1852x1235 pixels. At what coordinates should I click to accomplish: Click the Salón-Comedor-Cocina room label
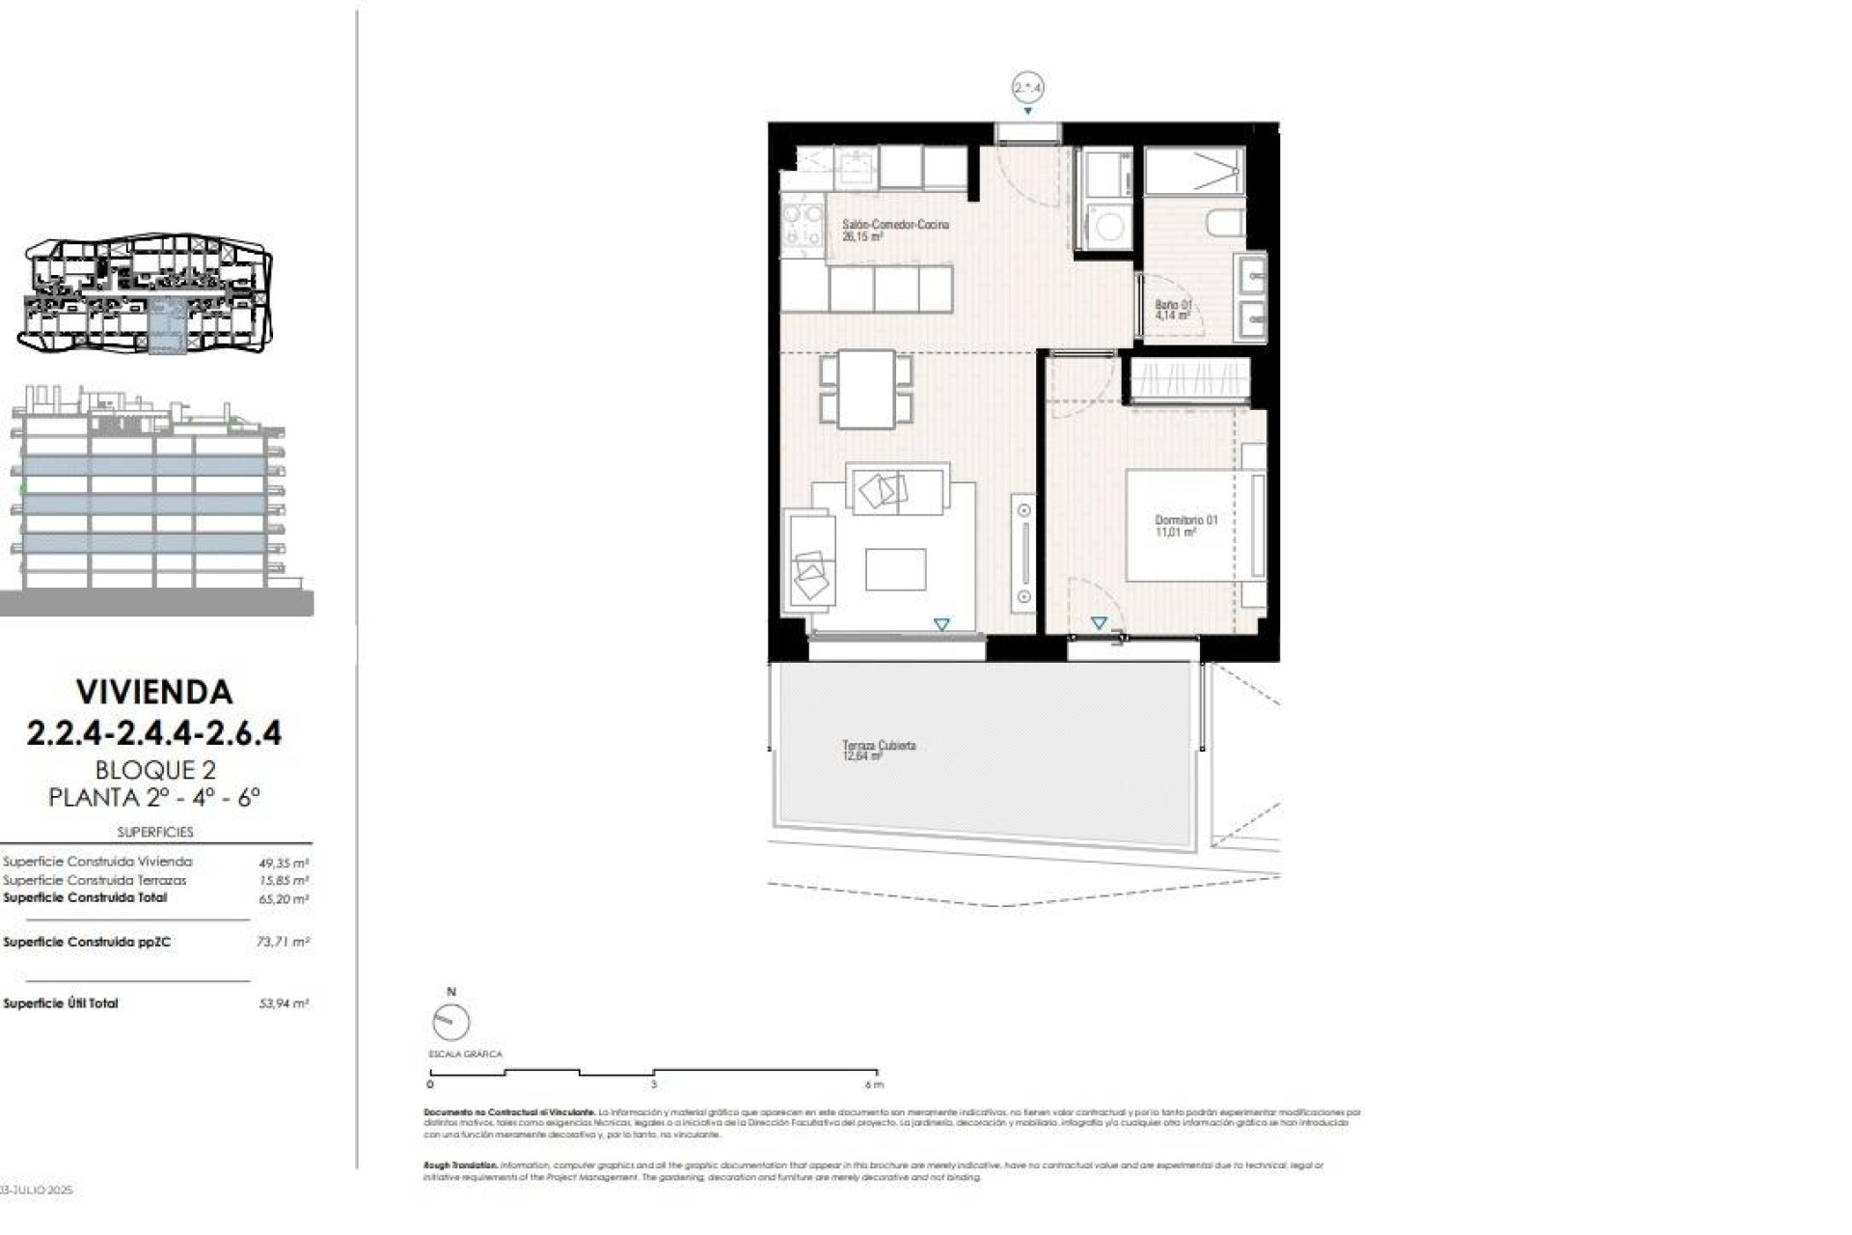point(895,230)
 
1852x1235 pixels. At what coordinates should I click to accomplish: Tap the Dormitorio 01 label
point(1185,525)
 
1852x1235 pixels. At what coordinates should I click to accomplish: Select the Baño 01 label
point(1173,309)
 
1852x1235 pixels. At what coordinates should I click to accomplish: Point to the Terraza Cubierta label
point(879,750)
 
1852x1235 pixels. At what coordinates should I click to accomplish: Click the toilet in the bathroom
point(1222,224)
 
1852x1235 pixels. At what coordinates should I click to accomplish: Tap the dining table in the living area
point(866,389)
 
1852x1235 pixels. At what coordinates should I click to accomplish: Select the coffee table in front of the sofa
point(895,569)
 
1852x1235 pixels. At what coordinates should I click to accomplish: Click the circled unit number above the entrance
point(1028,88)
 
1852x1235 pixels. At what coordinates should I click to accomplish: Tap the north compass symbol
point(450,1021)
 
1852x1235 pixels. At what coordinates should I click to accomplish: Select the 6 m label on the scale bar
point(874,1084)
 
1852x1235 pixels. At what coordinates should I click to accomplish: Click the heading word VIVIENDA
point(154,692)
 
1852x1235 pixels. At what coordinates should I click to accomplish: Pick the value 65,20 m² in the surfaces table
point(284,899)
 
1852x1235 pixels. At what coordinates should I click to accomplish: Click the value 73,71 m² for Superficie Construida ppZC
point(283,942)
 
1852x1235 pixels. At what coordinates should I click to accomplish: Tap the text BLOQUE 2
point(154,770)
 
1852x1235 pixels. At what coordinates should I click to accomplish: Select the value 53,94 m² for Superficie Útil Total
point(284,1003)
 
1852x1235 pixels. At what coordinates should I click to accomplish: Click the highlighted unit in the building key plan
point(167,326)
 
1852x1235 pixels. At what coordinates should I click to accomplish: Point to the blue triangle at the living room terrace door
point(941,625)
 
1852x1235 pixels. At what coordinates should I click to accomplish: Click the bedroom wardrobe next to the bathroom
point(1189,379)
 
